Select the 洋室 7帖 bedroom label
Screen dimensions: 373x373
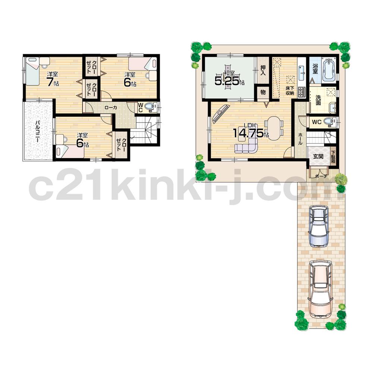coord(52,79)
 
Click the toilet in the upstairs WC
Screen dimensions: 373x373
coord(151,107)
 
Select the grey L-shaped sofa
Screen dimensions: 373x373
coord(248,147)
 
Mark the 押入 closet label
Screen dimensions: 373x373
coord(263,70)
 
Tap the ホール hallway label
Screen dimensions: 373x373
coord(301,138)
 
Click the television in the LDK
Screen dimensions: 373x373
coord(221,114)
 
